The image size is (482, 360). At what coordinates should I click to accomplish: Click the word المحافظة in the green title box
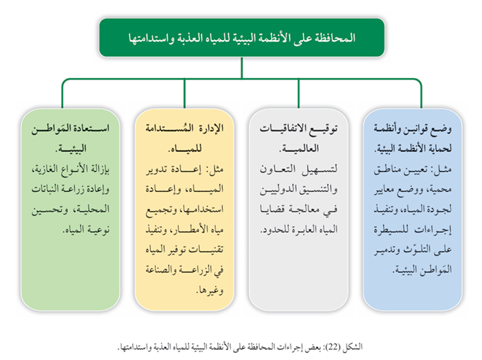(x=336, y=38)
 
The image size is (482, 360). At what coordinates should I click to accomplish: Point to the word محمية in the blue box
(x=441, y=189)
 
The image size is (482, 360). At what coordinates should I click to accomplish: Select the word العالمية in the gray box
(x=299, y=149)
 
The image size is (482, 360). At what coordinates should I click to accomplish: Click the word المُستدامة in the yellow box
(x=165, y=128)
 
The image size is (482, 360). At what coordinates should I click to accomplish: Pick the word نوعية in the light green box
(x=98, y=229)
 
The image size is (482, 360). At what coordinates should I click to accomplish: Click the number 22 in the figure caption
(x=333, y=347)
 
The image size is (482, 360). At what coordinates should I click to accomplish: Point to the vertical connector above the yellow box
(x=185, y=93)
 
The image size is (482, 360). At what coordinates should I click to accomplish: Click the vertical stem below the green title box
(x=241, y=68)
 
